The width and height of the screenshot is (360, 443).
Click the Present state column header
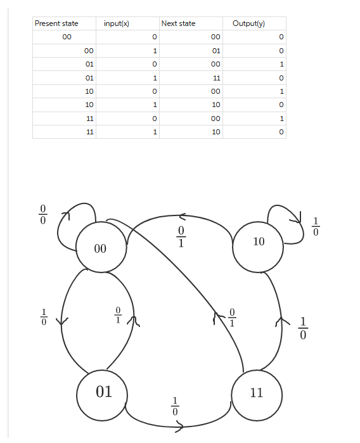tap(56, 23)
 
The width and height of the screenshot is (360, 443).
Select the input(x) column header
tap(116, 23)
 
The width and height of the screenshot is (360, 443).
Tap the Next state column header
tap(178, 23)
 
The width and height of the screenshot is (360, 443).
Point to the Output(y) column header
tap(248, 23)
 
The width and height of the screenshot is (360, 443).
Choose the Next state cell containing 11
tap(215, 78)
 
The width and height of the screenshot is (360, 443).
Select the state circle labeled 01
tap(103, 392)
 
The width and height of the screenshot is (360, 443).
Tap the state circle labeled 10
tap(259, 241)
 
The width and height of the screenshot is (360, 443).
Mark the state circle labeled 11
tap(256, 393)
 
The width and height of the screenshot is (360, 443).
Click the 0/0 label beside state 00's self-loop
tap(43, 215)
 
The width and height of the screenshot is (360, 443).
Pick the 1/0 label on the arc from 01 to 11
tap(176, 406)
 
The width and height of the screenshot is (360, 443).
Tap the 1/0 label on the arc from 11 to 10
tap(303, 327)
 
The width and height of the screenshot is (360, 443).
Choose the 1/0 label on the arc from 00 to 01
tap(44, 316)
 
